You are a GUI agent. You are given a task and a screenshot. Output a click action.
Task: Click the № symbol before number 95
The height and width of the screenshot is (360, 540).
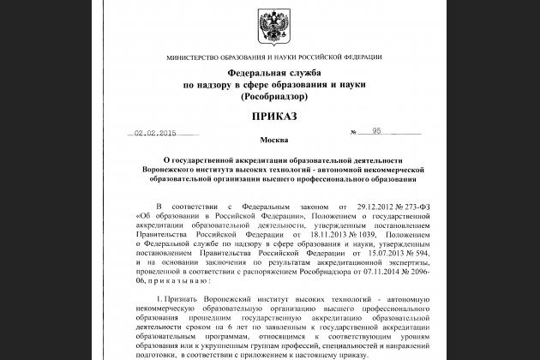tap(354, 134)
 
